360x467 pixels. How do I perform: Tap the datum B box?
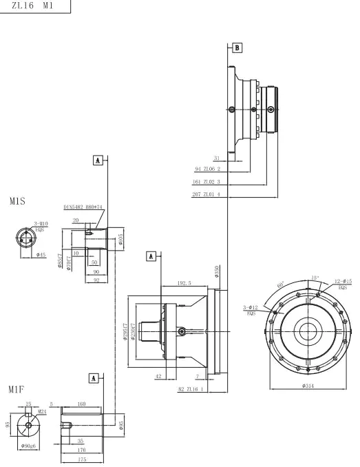tap(237, 48)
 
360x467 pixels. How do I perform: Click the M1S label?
tap(17, 203)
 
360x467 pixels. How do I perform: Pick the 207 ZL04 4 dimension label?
tap(207, 195)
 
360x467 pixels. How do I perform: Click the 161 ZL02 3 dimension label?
tap(207, 182)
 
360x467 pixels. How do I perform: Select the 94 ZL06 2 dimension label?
tap(208, 168)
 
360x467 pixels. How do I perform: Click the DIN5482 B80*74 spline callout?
tap(83, 206)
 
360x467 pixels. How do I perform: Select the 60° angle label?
tap(280, 284)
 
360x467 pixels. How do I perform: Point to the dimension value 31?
tap(216, 157)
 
